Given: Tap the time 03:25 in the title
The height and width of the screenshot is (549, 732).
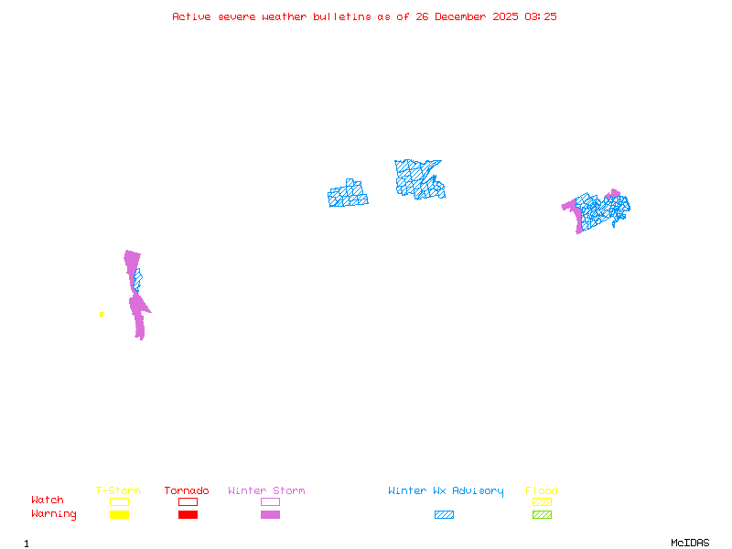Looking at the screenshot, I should (x=541, y=16).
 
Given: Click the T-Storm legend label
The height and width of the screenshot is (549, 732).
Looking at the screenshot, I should (x=118, y=491).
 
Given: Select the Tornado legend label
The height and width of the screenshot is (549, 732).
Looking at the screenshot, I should (x=187, y=491).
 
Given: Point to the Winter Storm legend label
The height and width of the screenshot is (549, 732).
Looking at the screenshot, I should (x=266, y=491).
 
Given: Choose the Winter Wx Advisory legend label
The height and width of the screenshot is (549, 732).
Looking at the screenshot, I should (x=446, y=491).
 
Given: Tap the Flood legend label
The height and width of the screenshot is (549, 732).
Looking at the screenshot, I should (x=542, y=491).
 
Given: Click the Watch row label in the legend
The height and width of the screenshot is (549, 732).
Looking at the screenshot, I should (x=48, y=501).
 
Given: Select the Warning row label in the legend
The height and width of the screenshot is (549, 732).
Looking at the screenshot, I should (x=54, y=514).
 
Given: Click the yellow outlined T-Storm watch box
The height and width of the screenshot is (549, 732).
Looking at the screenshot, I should (x=119, y=501).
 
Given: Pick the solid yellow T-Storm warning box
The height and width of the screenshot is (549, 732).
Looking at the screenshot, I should (x=119, y=515).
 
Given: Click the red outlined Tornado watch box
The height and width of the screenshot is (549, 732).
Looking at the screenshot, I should (x=188, y=501).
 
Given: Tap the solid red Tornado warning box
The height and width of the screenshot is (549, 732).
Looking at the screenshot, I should (x=188, y=515).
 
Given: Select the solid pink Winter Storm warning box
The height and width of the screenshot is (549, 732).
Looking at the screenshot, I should (x=270, y=515).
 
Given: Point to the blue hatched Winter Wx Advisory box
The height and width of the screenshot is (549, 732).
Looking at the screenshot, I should (x=444, y=515).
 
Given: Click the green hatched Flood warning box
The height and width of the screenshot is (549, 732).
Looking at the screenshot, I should (x=542, y=515).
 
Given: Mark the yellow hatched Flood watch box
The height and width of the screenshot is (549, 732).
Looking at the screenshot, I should (x=542, y=501).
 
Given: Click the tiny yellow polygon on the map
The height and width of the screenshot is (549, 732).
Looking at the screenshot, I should (x=102, y=315).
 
